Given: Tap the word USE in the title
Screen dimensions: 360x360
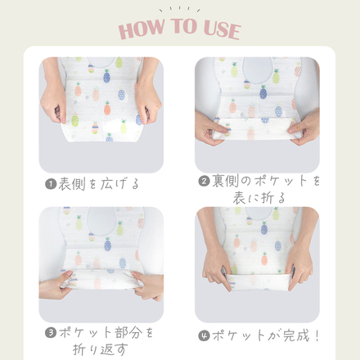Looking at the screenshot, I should tap(217, 30).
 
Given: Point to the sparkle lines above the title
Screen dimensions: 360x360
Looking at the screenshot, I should tap(180, 9).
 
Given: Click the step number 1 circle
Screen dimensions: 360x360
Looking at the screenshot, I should tap(51, 184).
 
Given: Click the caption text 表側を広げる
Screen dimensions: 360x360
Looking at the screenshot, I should tap(99, 184).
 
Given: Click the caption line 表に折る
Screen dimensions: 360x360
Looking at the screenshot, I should tap(258, 199).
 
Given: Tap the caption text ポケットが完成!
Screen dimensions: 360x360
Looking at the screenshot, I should tap(264, 335).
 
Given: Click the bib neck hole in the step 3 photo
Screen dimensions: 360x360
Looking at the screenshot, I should tap(101, 219).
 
